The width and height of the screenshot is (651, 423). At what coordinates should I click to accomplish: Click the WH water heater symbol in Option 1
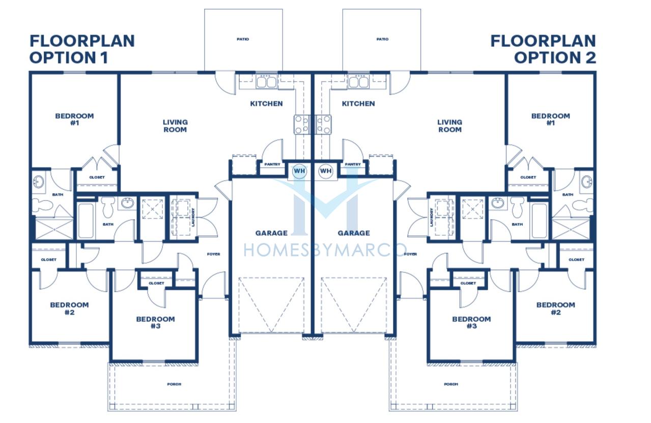299,171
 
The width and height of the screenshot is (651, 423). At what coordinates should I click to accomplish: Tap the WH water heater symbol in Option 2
326,171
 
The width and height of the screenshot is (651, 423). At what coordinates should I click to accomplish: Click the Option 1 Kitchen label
266,103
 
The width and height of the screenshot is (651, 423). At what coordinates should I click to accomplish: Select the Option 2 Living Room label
449,126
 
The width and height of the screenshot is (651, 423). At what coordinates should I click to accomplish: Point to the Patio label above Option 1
243,39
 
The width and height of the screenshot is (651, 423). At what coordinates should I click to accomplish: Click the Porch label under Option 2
451,384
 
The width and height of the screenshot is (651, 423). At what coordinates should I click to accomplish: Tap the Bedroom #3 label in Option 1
155,322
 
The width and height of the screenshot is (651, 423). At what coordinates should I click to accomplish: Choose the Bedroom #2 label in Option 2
555,308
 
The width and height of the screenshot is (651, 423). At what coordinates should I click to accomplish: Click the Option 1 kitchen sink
266,81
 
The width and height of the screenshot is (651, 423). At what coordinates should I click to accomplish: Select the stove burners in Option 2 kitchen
323,124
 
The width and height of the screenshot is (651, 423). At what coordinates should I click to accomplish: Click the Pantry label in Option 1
272,164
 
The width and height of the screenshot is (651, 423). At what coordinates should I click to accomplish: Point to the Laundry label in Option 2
431,217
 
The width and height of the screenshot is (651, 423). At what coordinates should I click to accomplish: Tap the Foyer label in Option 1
213,254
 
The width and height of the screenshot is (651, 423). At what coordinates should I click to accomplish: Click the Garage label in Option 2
354,233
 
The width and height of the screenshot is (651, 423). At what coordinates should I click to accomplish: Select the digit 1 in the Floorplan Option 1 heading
105,58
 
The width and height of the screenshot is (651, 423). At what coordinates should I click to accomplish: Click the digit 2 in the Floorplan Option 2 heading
590,58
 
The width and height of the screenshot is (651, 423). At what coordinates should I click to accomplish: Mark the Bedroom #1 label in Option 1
74,119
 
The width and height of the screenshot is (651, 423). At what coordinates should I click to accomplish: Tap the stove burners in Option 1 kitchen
302,124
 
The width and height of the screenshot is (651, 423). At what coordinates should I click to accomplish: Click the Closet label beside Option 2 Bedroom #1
528,177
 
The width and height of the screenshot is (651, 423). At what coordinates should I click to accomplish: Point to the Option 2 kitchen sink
358,81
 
